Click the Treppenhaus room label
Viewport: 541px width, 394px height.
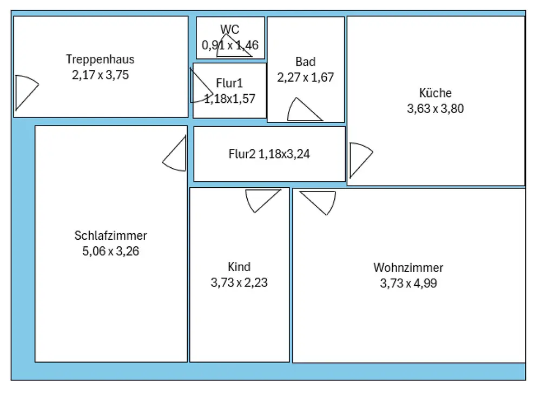(x=100, y=60)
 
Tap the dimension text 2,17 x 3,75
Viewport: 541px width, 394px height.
(x=101, y=75)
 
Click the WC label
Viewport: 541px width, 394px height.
(x=230, y=29)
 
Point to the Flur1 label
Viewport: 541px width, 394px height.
(x=229, y=83)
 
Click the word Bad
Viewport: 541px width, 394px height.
(x=305, y=62)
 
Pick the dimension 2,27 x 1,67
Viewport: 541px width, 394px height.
(x=305, y=77)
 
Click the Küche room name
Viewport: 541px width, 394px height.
(x=435, y=93)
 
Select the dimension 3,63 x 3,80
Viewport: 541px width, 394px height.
(x=435, y=109)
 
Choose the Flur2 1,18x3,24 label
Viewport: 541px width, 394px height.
(x=269, y=154)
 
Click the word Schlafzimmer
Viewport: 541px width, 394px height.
(x=110, y=235)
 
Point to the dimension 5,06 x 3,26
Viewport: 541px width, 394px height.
(x=110, y=251)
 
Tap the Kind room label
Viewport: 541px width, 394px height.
(x=239, y=267)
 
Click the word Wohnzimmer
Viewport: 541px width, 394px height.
(x=408, y=268)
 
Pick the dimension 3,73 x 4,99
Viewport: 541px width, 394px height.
(x=408, y=283)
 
